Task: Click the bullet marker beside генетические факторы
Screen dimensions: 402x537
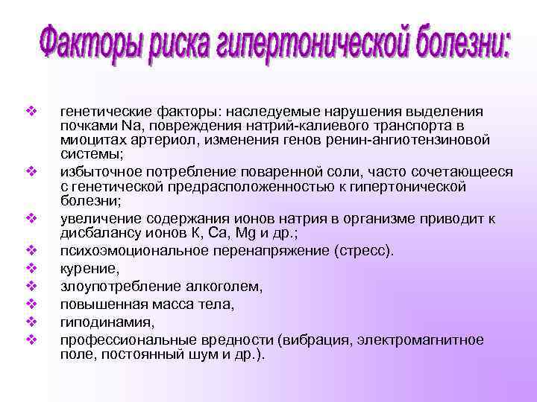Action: [31, 111]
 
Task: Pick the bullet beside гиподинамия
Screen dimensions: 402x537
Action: [31, 322]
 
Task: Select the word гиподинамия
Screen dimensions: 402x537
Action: [96, 322]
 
